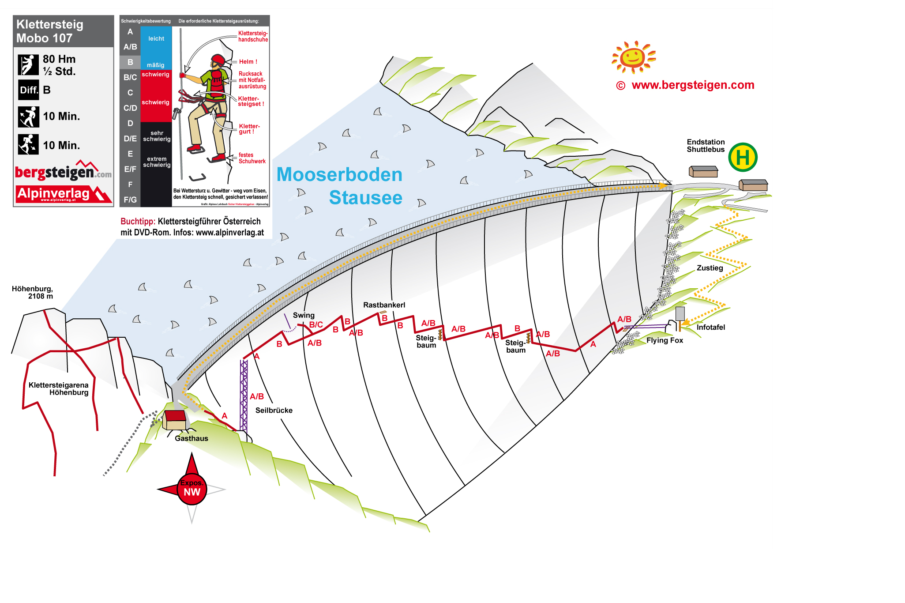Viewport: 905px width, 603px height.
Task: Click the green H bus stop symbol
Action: click(x=743, y=158)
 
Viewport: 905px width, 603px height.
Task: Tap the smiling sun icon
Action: click(x=633, y=57)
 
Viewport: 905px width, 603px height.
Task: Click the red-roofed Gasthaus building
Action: click(x=175, y=420)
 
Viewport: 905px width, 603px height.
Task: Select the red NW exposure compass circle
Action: click(x=192, y=489)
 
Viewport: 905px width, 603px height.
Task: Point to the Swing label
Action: click(x=304, y=315)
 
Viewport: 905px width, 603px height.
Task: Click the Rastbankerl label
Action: click(x=384, y=305)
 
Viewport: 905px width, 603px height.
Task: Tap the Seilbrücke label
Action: click(x=274, y=410)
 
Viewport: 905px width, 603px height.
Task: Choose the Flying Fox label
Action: click(x=665, y=340)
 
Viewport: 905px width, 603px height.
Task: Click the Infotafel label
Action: click(x=710, y=327)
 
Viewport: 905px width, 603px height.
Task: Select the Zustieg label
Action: click(x=710, y=268)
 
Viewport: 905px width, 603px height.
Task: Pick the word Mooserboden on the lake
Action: click(x=339, y=175)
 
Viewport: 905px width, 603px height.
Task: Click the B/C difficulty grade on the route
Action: click(x=316, y=324)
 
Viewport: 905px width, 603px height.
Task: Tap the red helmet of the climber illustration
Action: click(x=218, y=60)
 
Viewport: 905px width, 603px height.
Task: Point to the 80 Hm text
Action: click(x=59, y=59)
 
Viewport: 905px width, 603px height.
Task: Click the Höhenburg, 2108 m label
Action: click(x=33, y=292)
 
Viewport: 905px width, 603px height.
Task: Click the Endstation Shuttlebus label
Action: click(x=706, y=146)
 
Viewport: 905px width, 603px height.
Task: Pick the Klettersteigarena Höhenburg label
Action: click(x=59, y=388)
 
